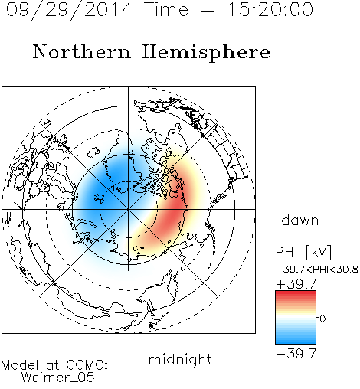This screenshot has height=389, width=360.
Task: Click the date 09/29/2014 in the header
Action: click(x=69, y=10)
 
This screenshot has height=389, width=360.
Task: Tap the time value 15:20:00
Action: click(x=270, y=9)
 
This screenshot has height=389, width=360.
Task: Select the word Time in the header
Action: click(x=166, y=9)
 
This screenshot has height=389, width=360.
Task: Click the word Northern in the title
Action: click(x=82, y=51)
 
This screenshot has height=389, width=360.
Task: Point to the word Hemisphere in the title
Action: click(x=206, y=53)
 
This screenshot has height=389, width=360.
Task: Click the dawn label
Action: click(x=300, y=220)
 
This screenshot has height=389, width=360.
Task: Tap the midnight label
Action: click(x=180, y=359)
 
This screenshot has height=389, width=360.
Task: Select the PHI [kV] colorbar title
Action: click(x=303, y=252)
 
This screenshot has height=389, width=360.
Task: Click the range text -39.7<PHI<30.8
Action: click(x=317, y=270)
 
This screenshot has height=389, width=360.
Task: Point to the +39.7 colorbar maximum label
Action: click(x=296, y=284)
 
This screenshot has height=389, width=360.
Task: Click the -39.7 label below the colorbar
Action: click(x=296, y=354)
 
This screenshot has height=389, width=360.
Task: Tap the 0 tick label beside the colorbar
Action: click(x=322, y=319)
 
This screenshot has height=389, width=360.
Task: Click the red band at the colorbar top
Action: click(x=296, y=295)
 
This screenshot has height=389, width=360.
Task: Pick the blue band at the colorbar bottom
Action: click(x=296, y=339)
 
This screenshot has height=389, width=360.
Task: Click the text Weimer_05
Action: click(x=58, y=378)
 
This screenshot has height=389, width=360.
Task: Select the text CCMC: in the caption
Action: click(x=87, y=365)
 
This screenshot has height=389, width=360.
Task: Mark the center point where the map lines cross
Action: click(x=129, y=209)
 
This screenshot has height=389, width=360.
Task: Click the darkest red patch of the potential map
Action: click(x=174, y=207)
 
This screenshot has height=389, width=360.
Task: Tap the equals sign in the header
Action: click(x=208, y=11)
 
